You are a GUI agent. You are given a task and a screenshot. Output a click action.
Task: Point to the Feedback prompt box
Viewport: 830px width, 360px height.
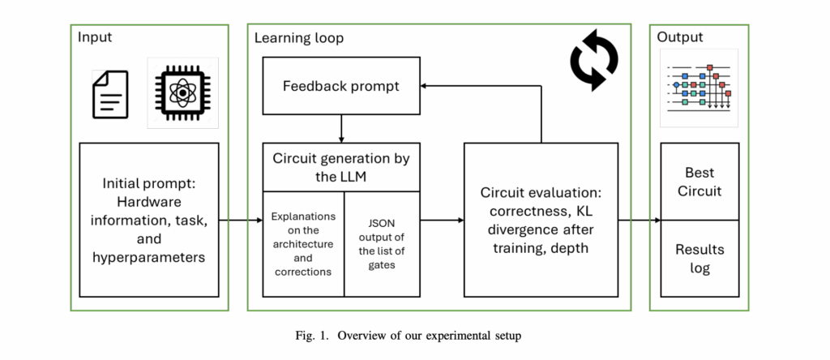pyautogui.click(x=340, y=86)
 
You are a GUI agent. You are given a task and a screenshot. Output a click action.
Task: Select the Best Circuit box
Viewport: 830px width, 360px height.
pyautogui.click(x=700, y=182)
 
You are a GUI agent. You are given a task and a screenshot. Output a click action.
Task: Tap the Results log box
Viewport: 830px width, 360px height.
pyautogui.click(x=700, y=258)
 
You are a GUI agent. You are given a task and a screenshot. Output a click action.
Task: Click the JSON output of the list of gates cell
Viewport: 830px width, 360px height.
pyautogui.click(x=382, y=243)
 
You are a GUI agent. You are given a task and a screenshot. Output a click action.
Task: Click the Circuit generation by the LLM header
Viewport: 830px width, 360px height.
pyautogui.click(x=340, y=168)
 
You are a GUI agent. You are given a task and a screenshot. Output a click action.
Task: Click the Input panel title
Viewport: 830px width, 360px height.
pyautogui.click(x=95, y=37)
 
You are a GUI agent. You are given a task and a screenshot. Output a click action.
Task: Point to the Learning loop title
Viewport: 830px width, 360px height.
pyautogui.click(x=298, y=38)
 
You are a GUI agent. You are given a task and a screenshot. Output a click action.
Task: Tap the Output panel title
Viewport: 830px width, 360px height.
pyautogui.click(x=680, y=37)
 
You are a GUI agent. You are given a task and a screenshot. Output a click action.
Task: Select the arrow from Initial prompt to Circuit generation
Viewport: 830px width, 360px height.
pyautogui.click(x=240, y=220)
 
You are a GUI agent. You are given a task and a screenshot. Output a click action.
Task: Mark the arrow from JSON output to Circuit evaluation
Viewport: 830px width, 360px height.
pyautogui.click(x=442, y=220)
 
